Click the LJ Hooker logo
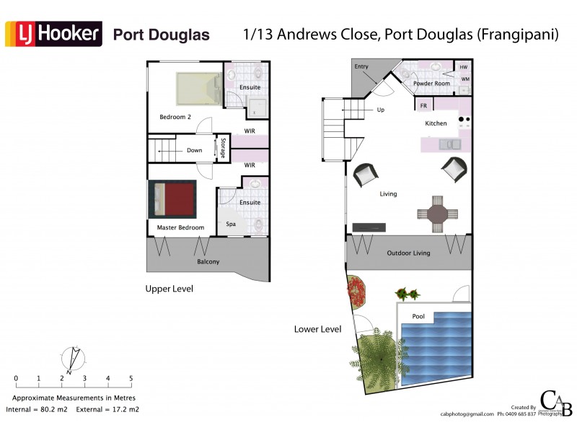pyautogui.click(x=54, y=34)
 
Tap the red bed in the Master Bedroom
pyautogui.click(x=172, y=199)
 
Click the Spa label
pyautogui.click(x=231, y=224)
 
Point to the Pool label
pyautogui.click(x=418, y=317)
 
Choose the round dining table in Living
pyautogui.click(x=438, y=214)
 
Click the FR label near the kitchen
pyautogui.click(x=424, y=106)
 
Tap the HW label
pyautogui.click(x=464, y=67)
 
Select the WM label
pyautogui.click(x=464, y=79)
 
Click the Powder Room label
pyautogui.click(x=431, y=84)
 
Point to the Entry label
pyautogui.click(x=361, y=67)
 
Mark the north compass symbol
pyautogui.click(x=71, y=359)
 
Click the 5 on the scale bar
pyautogui.click(x=131, y=378)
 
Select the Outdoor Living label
pyautogui.click(x=408, y=253)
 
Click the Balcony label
pyautogui.click(x=208, y=261)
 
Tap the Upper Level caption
pyautogui.click(x=169, y=289)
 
